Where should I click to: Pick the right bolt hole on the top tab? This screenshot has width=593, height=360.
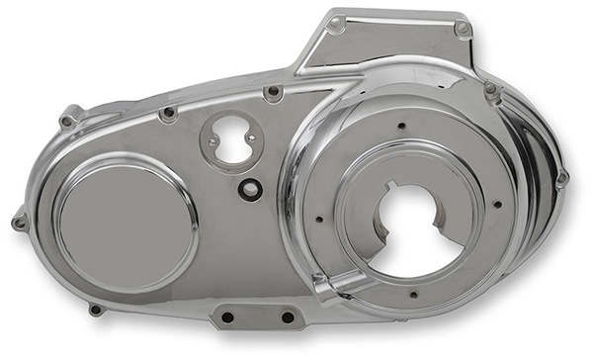pos(463,30)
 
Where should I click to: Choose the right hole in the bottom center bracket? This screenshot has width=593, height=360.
pos(287,317)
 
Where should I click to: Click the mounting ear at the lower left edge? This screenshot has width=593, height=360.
pos(94,309)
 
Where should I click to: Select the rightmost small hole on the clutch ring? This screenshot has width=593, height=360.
pos(496,205)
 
